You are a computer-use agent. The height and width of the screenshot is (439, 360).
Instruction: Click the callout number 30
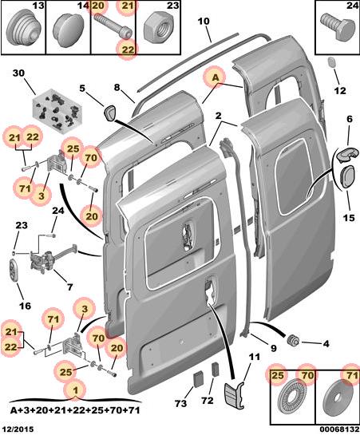click(x=18, y=73)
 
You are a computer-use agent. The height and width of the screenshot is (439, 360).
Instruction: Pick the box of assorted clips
click(x=57, y=109)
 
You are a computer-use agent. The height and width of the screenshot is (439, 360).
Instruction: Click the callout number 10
click(x=204, y=22)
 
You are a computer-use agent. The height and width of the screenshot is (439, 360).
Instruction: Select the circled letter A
click(x=216, y=77)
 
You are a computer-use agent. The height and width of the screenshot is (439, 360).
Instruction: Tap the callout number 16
click(x=25, y=306)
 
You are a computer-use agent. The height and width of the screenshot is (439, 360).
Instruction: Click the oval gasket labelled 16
click(x=14, y=271)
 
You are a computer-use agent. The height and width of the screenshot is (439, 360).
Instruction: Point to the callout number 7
click(x=69, y=287)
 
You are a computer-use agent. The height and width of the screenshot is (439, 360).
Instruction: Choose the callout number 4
click(x=326, y=343)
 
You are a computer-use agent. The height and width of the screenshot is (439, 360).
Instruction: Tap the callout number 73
click(x=181, y=403)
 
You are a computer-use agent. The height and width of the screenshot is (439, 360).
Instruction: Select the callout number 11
click(x=254, y=357)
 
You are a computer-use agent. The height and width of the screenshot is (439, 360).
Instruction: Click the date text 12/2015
click(x=18, y=429)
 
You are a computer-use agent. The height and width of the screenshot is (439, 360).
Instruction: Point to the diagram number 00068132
click(x=339, y=429)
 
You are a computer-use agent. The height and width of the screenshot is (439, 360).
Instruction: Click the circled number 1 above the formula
click(x=75, y=390)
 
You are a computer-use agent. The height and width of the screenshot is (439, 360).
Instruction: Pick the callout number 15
click(x=349, y=218)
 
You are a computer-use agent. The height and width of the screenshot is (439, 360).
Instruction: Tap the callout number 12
click(x=340, y=90)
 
